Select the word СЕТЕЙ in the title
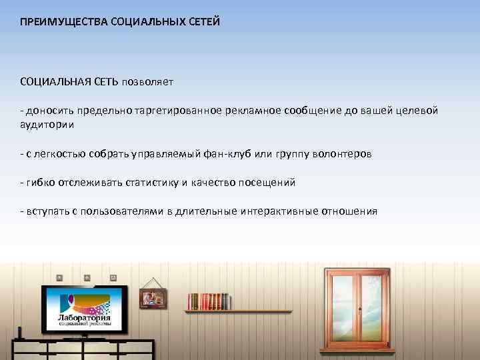click(201, 22)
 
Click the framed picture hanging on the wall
click(153, 298)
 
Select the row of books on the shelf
click(208, 301)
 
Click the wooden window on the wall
click(357, 307)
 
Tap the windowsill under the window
click(357, 348)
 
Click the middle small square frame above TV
click(86, 277)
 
